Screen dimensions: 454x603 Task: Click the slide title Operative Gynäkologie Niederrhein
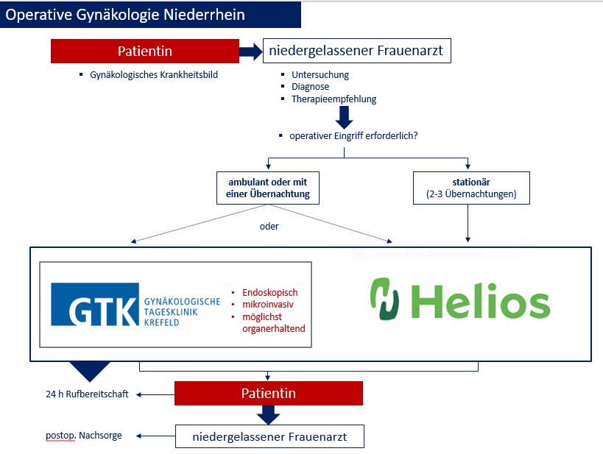click(x=125, y=14)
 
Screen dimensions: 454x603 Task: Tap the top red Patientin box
click(x=145, y=52)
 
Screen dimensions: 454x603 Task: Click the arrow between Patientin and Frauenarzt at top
click(x=251, y=52)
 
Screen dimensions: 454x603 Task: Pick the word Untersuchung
click(x=320, y=75)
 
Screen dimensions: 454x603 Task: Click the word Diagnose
click(x=311, y=87)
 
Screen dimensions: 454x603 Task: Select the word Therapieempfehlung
click(x=334, y=99)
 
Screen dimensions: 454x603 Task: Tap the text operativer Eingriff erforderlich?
click(x=354, y=136)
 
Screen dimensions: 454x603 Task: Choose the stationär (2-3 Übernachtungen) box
click(x=470, y=187)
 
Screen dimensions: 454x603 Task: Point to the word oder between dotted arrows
click(x=269, y=226)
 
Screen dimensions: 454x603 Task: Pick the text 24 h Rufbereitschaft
click(x=87, y=394)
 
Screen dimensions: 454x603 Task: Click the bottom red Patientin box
click(x=268, y=394)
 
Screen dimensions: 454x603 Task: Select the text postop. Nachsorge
click(x=84, y=436)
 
